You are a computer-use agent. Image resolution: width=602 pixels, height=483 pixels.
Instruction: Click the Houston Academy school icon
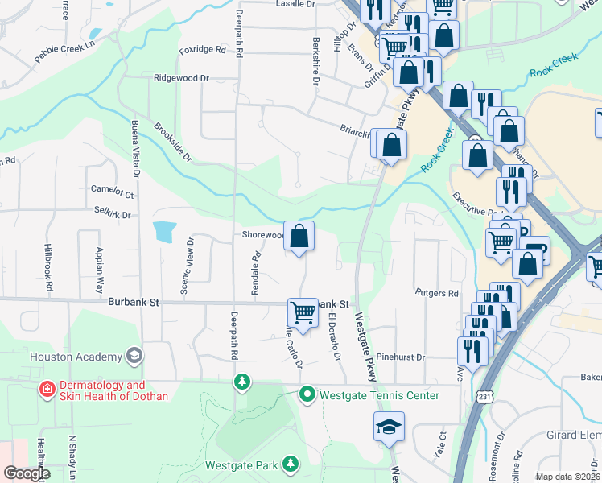pos(134,357)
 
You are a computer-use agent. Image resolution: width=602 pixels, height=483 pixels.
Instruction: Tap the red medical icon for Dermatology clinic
pos(47,390)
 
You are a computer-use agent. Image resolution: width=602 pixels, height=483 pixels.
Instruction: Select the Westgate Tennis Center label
pos(379,395)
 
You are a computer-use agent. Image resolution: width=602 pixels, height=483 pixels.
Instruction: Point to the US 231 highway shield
pos(481,397)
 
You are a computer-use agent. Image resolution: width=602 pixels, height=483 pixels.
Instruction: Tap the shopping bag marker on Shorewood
pos(299,237)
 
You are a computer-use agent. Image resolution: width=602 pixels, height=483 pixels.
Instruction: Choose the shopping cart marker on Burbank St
pos(303,312)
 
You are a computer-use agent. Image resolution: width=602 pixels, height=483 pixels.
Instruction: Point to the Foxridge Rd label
pos(203,50)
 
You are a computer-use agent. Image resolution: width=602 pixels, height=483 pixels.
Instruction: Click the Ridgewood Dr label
pos(181,79)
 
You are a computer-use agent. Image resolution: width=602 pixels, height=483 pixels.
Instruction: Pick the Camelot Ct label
pos(112,192)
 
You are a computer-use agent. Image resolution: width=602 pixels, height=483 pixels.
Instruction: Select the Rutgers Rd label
pos(436,293)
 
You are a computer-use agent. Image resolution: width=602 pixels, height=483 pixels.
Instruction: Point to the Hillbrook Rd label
pos(49,267)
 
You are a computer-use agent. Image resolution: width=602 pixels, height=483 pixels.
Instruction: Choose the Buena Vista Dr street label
pos(134,150)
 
